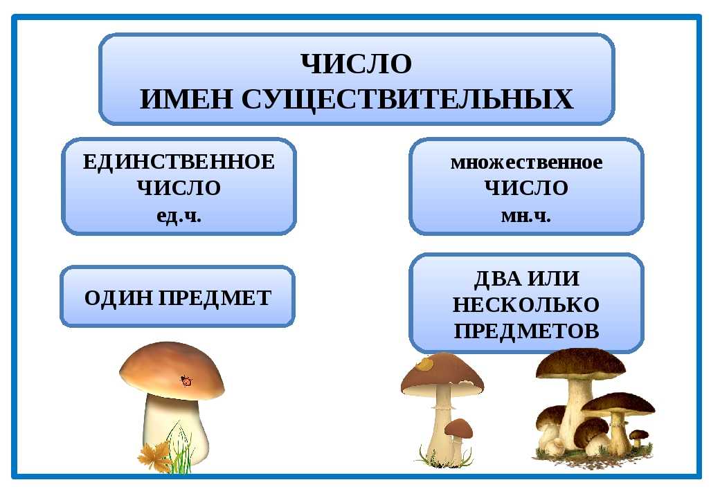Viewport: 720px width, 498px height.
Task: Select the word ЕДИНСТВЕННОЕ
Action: (x=179, y=162)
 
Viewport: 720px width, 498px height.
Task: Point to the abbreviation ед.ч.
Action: (x=179, y=215)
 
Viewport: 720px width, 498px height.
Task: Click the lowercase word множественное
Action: (x=526, y=163)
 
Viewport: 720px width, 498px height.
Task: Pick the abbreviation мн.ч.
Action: (x=525, y=216)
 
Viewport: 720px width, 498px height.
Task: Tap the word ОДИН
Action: (x=119, y=298)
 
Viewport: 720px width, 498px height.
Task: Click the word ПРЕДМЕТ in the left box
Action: (x=215, y=298)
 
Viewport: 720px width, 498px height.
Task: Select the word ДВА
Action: (x=498, y=278)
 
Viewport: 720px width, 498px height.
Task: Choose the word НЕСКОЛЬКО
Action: (x=526, y=304)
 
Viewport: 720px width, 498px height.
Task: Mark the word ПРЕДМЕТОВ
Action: (x=526, y=330)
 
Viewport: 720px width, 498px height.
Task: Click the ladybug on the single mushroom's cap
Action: (x=186, y=380)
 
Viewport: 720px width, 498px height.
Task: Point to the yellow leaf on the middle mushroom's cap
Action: (x=424, y=364)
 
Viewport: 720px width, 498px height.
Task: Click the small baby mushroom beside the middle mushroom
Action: (x=458, y=440)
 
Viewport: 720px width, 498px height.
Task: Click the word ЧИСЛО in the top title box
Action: (x=357, y=63)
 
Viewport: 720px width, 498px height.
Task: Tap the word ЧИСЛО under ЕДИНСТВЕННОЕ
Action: (x=179, y=188)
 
